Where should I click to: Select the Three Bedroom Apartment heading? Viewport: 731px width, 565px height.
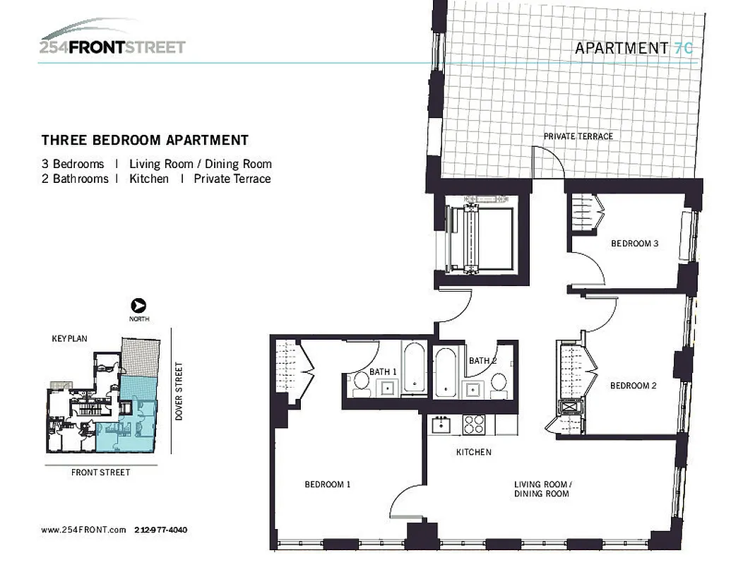pyautogui.click(x=145, y=141)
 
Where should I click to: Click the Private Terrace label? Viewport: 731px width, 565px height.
pyautogui.click(x=578, y=136)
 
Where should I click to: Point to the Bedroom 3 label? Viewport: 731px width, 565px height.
pyautogui.click(x=634, y=244)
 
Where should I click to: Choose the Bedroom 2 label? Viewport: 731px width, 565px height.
pyautogui.click(x=634, y=386)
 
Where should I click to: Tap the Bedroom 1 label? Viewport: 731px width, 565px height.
pyautogui.click(x=327, y=484)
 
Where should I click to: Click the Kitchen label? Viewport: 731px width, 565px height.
pyautogui.click(x=473, y=452)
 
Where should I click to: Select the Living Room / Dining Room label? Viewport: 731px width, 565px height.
pyautogui.click(x=541, y=489)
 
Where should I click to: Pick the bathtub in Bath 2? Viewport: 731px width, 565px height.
pyautogui.click(x=445, y=372)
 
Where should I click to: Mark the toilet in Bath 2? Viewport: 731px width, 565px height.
pyautogui.click(x=498, y=383)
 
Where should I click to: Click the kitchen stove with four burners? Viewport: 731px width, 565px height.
pyautogui.click(x=473, y=424)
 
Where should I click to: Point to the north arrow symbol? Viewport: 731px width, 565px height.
pyautogui.click(x=139, y=306)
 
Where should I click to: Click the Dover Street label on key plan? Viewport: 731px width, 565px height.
pyautogui.click(x=179, y=392)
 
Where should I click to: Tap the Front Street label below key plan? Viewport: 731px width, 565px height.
pyautogui.click(x=100, y=472)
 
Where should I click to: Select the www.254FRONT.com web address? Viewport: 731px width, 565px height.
pyautogui.click(x=83, y=530)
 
